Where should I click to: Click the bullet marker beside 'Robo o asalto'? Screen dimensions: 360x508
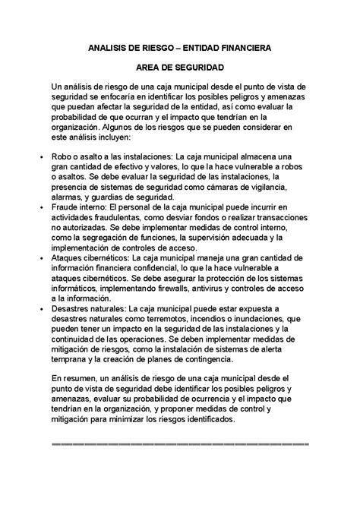[40, 156]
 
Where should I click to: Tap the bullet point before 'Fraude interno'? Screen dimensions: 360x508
[40, 207]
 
